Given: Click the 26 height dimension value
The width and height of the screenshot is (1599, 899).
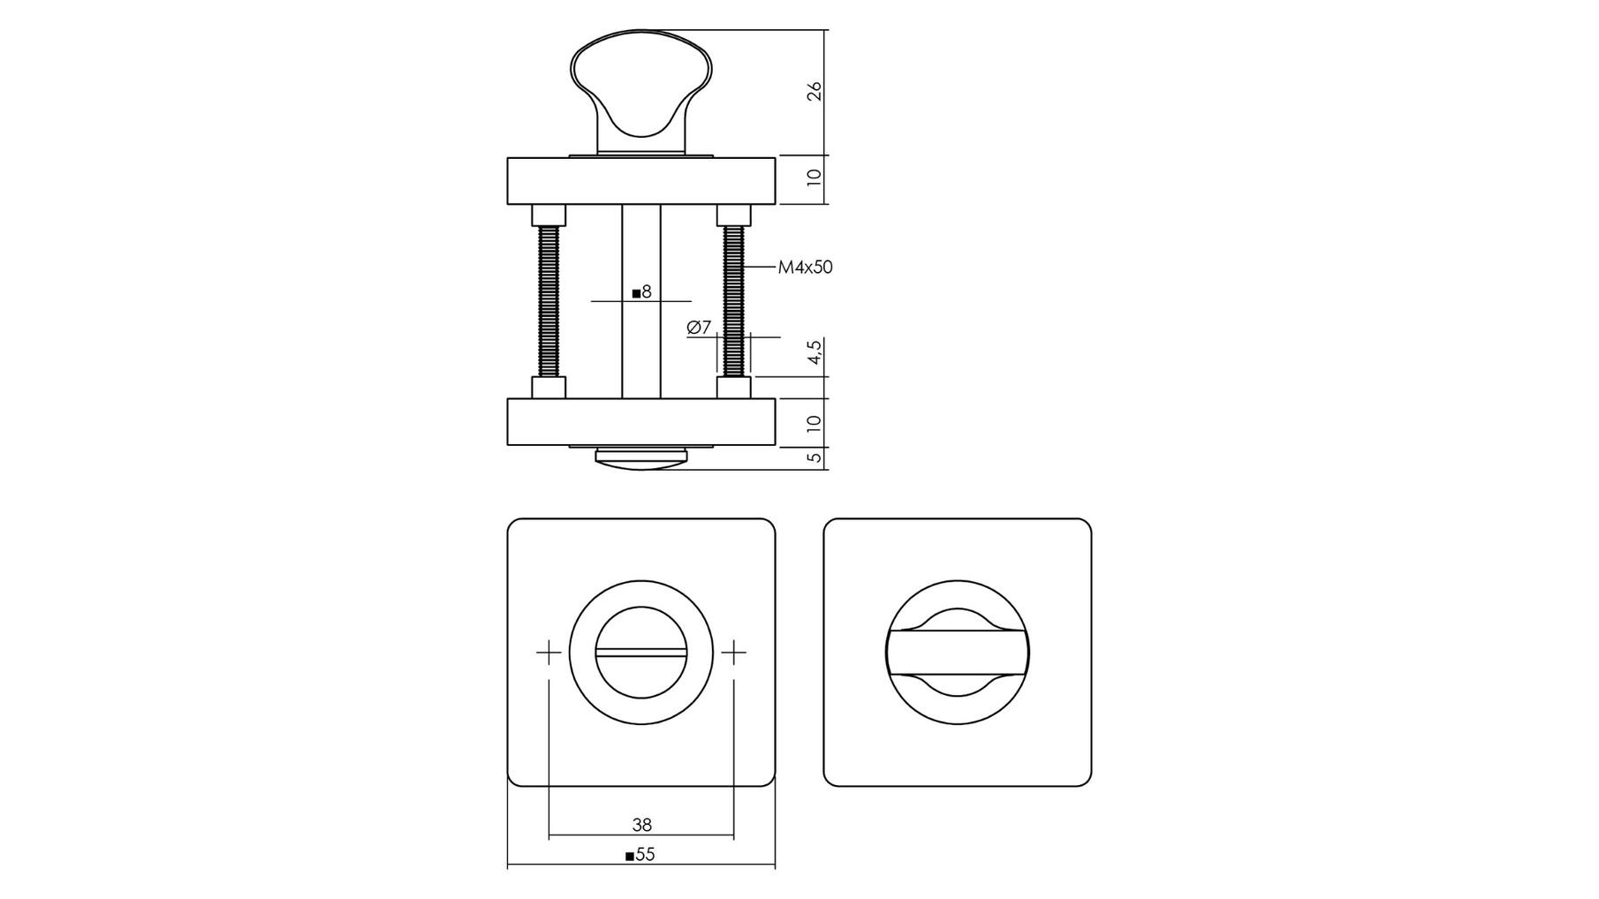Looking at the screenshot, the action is click(815, 91).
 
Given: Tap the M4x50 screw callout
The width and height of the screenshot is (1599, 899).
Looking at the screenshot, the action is click(805, 267).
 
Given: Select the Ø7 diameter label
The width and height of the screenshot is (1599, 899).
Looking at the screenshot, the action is click(699, 328).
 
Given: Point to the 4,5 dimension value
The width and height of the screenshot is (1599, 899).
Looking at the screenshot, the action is click(815, 351).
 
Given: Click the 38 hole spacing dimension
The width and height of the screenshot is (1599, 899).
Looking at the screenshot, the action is click(642, 825).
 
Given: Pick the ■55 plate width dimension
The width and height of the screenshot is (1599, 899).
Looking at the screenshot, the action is click(640, 855).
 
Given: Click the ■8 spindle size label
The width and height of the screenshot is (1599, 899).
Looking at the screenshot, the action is click(641, 291).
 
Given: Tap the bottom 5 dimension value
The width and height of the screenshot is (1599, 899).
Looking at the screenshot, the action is click(815, 457).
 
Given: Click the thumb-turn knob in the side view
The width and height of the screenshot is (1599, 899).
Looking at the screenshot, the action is click(640, 95).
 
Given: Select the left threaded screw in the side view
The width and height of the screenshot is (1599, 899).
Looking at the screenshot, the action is click(549, 301).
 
